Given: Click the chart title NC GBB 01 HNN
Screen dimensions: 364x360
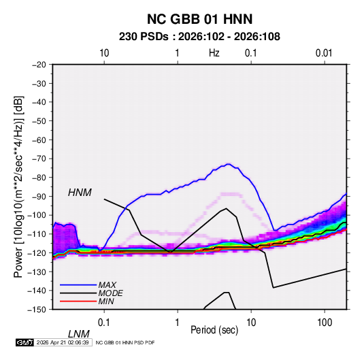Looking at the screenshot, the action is point(199,19).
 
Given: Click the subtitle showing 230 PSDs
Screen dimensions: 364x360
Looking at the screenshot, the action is point(199,37).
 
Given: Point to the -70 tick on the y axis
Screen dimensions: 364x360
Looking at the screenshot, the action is point(39,159).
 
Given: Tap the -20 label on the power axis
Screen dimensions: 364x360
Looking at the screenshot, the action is point(39,65).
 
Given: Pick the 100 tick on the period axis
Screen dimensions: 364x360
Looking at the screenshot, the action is point(325,323).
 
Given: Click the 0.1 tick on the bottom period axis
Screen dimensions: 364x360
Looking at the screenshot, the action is point(104,323).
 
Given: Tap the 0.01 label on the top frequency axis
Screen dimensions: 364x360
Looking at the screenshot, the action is point(324,53).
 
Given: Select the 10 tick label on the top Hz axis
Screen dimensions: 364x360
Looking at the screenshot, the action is point(104,53).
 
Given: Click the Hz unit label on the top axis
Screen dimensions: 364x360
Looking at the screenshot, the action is point(214,53).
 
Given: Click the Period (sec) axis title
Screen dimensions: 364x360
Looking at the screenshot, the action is point(214,330).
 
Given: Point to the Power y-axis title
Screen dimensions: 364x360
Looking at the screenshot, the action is point(18,187).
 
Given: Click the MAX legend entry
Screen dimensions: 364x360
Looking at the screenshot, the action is point(107,285).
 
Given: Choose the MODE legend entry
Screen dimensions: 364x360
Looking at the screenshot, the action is point(110,293).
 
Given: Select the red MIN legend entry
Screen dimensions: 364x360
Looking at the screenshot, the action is point(106,301).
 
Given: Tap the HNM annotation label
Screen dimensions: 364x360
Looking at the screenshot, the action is point(80,193).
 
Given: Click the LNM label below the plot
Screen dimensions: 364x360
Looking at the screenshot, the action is point(78,334).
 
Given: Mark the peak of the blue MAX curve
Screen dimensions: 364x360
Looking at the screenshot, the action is point(229,164).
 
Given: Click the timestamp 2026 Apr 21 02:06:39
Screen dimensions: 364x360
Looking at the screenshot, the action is point(63,342).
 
